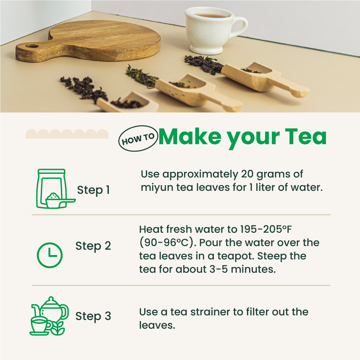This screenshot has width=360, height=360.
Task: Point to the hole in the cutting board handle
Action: (32, 46)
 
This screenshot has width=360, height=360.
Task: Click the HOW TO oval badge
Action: (138, 138)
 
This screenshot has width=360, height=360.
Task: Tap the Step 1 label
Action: (93, 190)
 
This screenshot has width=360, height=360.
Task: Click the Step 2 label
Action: (93, 246)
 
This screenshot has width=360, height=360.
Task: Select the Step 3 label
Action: (93, 316)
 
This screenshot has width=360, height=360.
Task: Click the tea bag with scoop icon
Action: (53, 189)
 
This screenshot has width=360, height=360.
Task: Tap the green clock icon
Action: (49, 255)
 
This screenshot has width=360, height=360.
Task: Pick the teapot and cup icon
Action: (49, 316)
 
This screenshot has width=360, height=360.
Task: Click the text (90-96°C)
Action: (166, 243)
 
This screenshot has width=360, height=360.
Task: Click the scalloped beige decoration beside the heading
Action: (67, 134)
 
